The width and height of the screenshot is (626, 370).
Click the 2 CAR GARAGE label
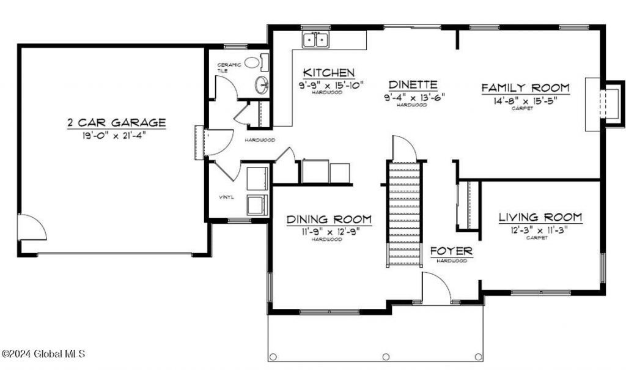point(116,123)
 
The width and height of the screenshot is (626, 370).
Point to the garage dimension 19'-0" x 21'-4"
point(116,135)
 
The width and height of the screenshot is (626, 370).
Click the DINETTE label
point(413,84)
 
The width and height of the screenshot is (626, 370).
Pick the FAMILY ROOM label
point(525,87)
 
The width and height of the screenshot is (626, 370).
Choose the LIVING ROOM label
point(540,217)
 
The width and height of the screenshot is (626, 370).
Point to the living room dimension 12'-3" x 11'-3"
point(540,229)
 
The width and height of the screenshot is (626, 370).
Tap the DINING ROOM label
point(329,219)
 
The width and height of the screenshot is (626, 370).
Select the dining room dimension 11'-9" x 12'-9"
point(329,231)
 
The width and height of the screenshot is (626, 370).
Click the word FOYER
point(451,251)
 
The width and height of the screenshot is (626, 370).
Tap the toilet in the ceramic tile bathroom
point(265,62)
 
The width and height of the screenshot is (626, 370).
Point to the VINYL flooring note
point(227,198)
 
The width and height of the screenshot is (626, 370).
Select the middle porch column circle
point(385,357)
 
